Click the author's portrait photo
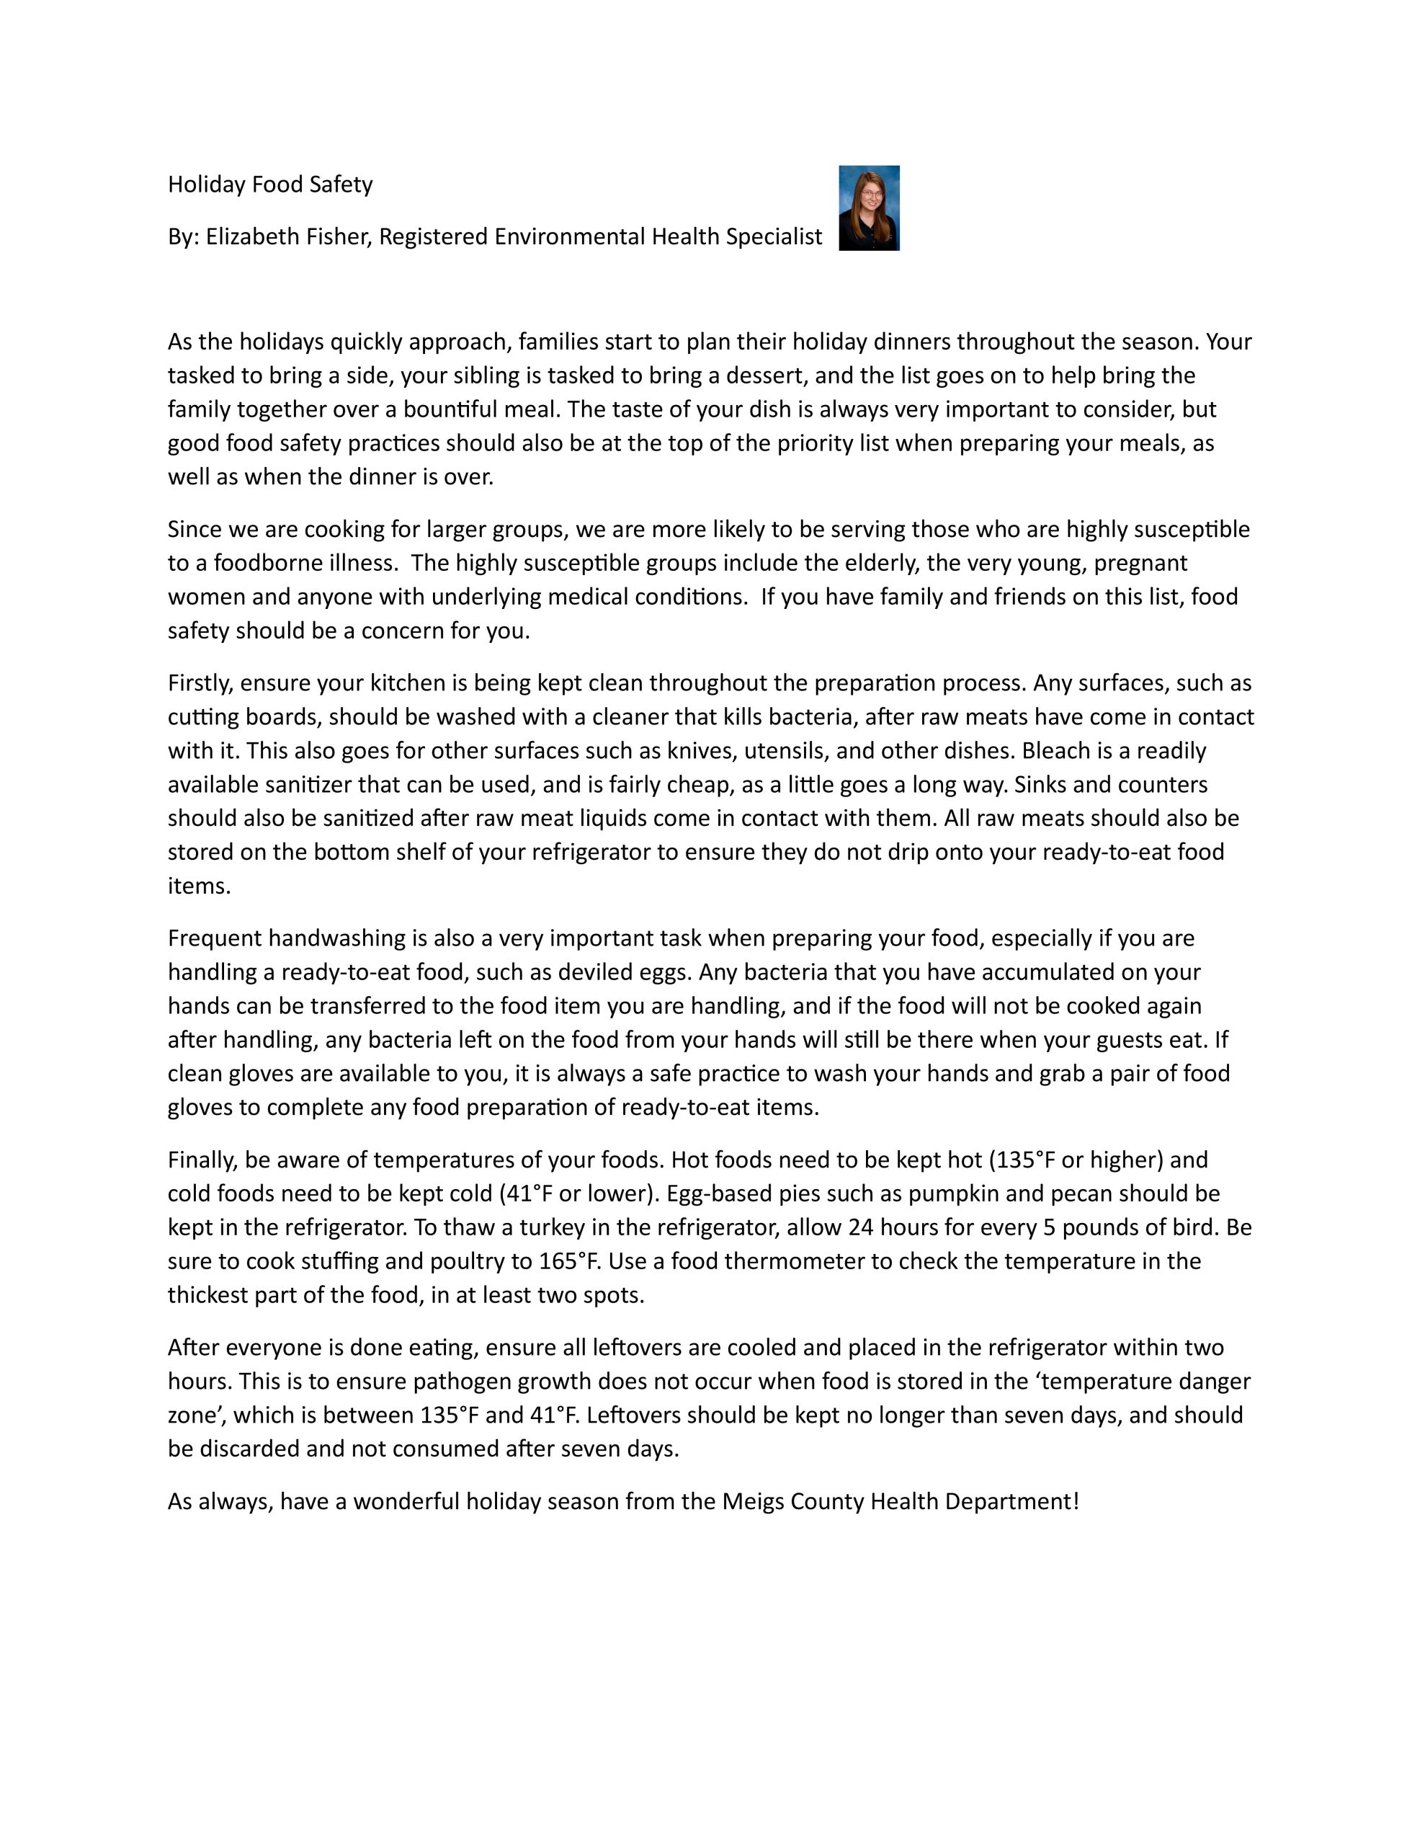click(868, 208)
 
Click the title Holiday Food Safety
click(270, 184)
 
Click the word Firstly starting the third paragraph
click(200, 683)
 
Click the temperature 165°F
click(569, 1261)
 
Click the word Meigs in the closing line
click(753, 1501)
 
